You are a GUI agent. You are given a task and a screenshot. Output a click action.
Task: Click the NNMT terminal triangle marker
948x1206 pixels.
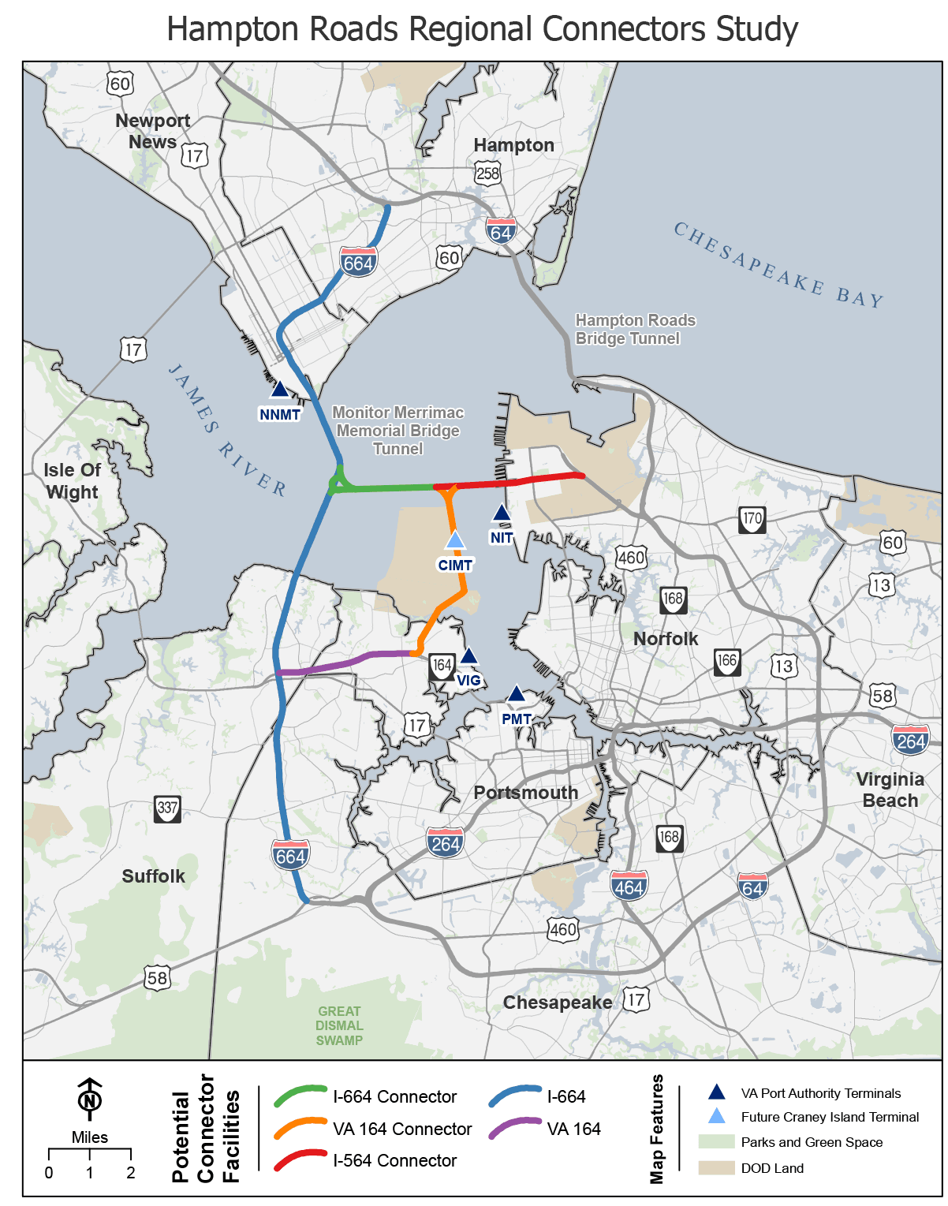pos(279,389)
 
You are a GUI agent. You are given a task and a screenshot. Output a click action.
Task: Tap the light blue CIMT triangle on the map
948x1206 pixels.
pos(455,540)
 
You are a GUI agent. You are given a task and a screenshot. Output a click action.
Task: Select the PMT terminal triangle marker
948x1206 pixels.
pos(516,694)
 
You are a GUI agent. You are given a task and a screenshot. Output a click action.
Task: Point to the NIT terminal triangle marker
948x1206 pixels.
pos(501,513)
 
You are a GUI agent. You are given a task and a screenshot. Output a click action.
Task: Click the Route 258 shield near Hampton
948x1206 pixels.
pos(488,173)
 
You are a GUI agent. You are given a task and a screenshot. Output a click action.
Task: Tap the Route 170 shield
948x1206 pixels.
pos(752,519)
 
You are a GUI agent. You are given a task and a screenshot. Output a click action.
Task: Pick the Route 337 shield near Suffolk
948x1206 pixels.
pos(167,808)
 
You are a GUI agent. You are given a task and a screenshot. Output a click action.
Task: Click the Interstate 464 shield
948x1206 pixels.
pos(629,886)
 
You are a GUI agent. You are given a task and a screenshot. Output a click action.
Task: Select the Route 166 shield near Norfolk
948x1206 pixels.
pos(727,661)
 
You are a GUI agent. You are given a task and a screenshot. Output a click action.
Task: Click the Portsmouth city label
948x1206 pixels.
pos(526,793)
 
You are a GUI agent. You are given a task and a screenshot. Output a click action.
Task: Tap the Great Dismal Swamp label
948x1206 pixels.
pos(339,1025)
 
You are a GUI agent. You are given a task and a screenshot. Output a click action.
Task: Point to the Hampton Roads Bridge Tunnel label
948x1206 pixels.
pos(635,329)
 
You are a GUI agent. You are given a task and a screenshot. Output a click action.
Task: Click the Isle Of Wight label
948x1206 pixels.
pos(72,481)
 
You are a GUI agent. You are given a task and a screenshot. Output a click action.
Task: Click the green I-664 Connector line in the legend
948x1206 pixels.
pos(300,1096)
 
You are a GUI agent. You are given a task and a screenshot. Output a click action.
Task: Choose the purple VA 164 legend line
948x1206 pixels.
pos(515,1129)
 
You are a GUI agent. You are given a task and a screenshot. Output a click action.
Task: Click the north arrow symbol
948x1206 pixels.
pos(90,1099)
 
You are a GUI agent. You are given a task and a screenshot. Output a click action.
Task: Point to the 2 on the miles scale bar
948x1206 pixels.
pos(131,1173)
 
